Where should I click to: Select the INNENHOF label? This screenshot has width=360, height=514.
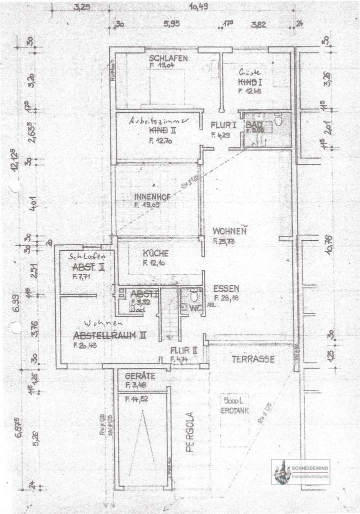[x=152, y=197]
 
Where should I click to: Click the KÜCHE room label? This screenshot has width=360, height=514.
[x=155, y=253]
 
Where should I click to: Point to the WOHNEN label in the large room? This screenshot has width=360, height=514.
[x=229, y=232]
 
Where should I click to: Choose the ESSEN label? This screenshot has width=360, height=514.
[x=226, y=289]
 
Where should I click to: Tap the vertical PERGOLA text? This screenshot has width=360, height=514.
[x=189, y=432]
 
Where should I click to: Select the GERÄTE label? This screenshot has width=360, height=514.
[x=139, y=376]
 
